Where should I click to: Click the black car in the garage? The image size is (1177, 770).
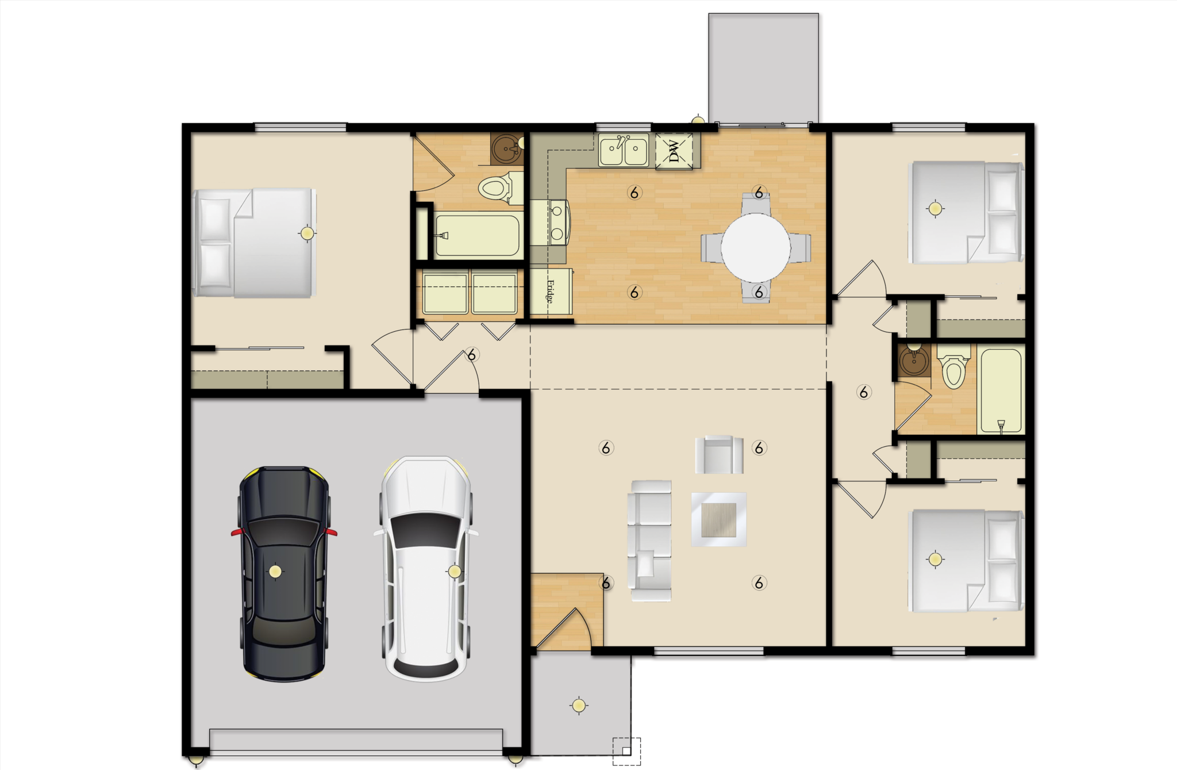point(284,574)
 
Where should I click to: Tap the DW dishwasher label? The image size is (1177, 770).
point(674,151)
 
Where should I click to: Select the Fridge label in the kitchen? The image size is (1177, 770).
point(550,291)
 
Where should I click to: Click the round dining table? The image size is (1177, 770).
point(756,247)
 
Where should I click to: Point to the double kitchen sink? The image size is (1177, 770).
point(624,150)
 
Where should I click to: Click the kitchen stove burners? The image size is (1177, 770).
point(556,223)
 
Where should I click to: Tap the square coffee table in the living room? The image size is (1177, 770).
point(719,519)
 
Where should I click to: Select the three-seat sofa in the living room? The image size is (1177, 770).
point(650,541)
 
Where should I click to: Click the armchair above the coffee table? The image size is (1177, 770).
point(719,454)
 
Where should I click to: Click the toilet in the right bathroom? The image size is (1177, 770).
point(953,366)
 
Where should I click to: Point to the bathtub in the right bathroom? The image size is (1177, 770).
point(1001,390)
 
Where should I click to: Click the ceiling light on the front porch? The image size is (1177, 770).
point(579,706)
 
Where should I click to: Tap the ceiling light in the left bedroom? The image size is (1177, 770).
point(307,233)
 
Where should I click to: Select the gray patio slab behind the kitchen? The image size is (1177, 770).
point(764,68)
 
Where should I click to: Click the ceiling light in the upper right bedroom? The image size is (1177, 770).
point(935,209)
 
